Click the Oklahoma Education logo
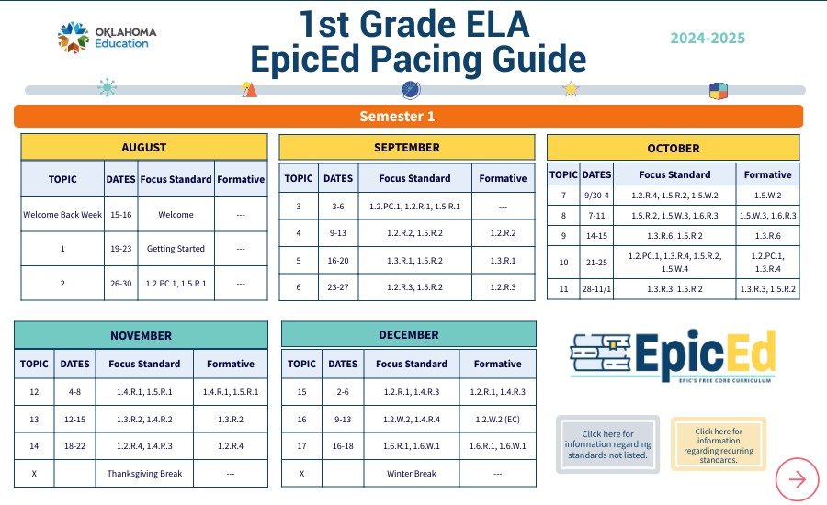tap(108, 38)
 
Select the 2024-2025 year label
tap(708, 39)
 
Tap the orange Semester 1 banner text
tap(397, 117)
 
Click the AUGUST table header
tap(144, 147)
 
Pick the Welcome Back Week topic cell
tap(62, 215)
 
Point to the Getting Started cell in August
tap(176, 249)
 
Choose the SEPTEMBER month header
tap(406, 147)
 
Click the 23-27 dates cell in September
tap(337, 287)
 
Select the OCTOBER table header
tap(673, 148)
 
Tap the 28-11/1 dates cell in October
tap(596, 289)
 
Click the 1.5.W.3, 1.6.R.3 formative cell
tap(767, 216)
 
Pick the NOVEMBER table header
tap(141, 335)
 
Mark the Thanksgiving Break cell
tap(145, 474)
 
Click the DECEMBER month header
tap(409, 335)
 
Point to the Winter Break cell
tap(413, 474)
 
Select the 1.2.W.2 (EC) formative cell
tap(497, 420)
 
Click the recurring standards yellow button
tap(718, 444)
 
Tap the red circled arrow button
tap(797, 478)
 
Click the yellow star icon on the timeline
tap(571, 89)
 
